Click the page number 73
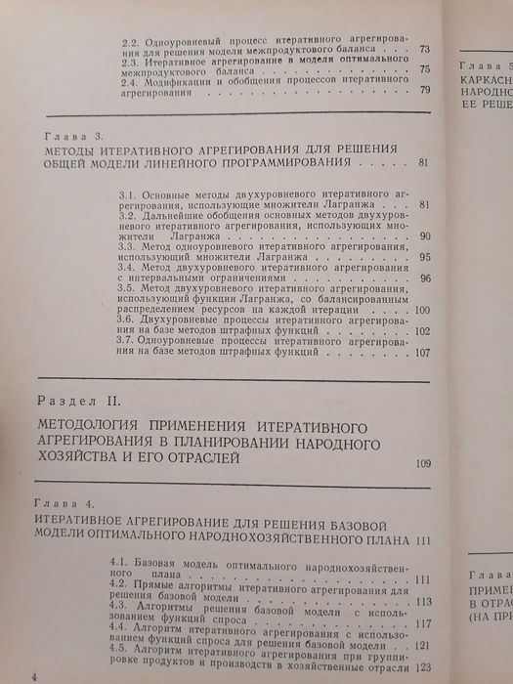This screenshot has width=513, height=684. [424, 48]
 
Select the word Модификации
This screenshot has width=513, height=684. [186, 80]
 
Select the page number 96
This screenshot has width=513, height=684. [424, 278]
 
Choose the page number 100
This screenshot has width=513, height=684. [421, 312]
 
